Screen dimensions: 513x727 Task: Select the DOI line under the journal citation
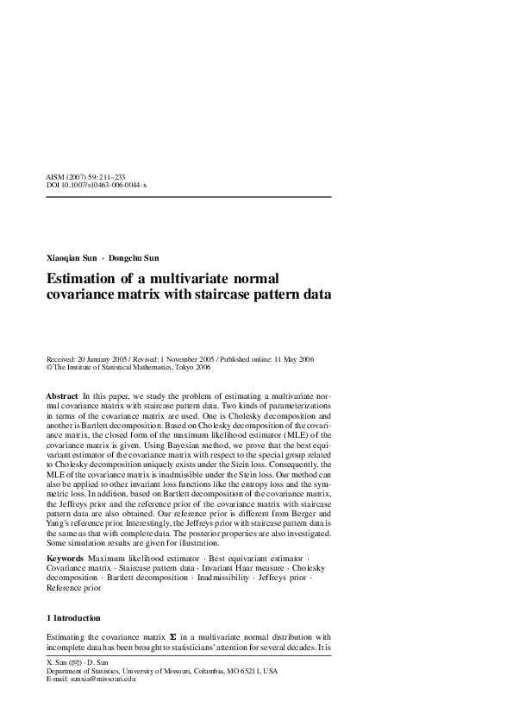(96, 185)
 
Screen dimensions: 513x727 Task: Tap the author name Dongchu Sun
(135, 257)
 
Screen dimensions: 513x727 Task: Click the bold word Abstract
(61, 395)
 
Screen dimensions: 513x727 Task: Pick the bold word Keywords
(65, 559)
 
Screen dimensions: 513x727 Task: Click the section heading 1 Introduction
(72, 617)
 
